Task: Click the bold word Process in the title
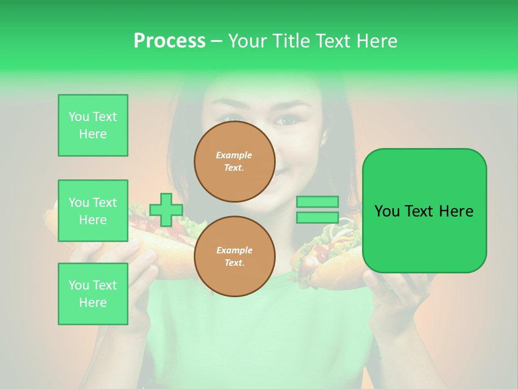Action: click(169, 41)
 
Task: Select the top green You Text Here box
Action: click(93, 125)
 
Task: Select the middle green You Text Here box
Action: click(93, 211)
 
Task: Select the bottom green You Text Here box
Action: click(93, 294)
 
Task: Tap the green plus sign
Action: click(166, 210)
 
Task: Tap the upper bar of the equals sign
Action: click(317, 202)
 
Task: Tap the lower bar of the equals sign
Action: click(317, 218)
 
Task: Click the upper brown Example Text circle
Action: click(235, 162)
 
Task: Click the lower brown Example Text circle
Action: click(235, 257)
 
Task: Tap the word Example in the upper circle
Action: click(234, 155)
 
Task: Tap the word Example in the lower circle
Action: click(234, 250)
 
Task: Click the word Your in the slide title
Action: click(248, 41)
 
